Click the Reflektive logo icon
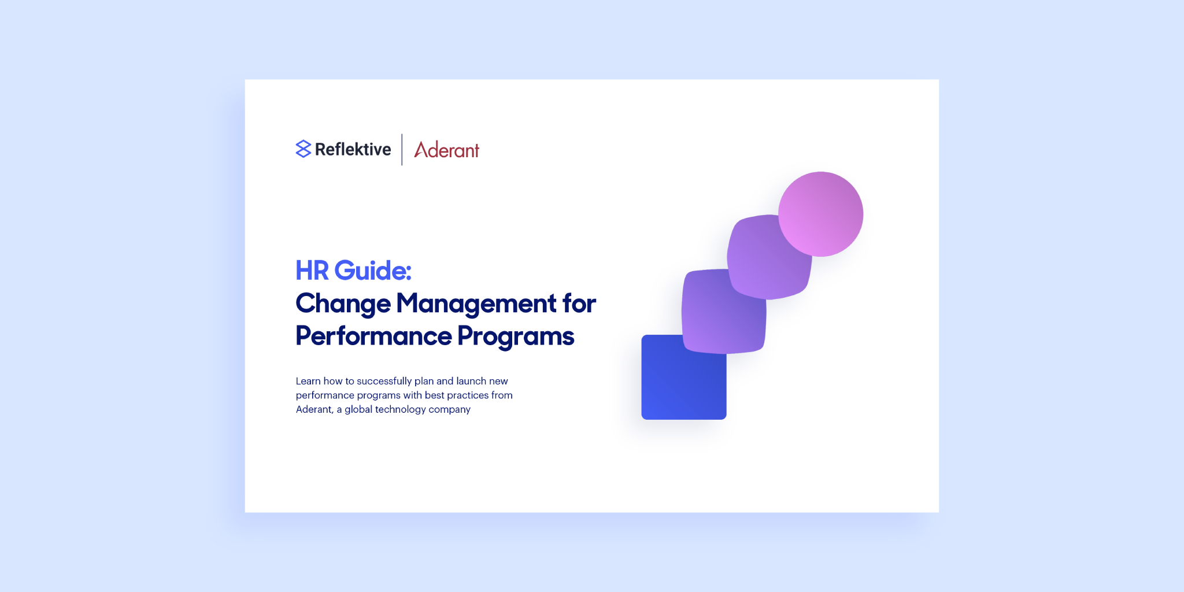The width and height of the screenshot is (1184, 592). point(303,149)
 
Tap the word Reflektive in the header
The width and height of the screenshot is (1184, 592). point(353,149)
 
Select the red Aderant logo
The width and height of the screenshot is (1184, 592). point(446,150)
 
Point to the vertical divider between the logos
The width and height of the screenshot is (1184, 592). point(402,150)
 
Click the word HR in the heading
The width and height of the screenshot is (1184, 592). point(312,271)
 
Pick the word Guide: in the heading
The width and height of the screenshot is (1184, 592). point(373,271)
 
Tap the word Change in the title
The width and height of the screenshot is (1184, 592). point(343,304)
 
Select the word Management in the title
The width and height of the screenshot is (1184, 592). point(476,304)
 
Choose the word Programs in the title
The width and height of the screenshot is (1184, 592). point(516,337)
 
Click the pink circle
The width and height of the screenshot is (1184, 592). point(820,214)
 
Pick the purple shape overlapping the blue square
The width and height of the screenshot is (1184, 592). point(724,311)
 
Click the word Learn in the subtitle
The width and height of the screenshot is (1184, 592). point(308,381)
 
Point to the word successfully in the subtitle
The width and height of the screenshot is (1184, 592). point(384,382)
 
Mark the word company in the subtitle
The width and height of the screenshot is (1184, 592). point(450,410)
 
